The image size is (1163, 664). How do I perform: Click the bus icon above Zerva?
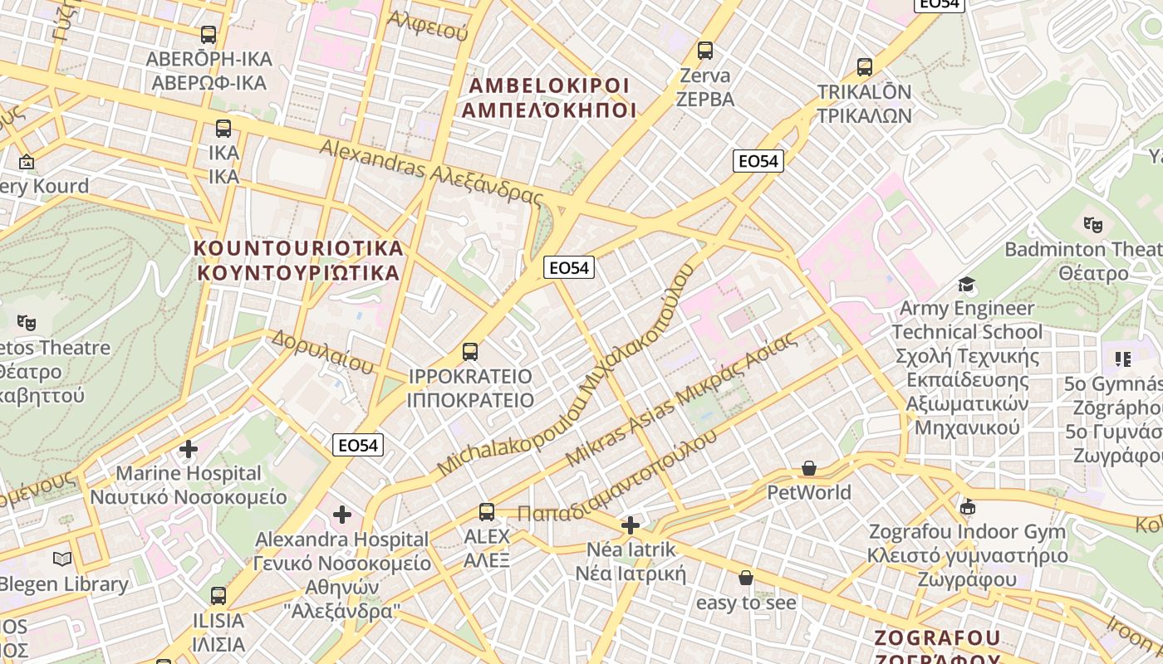pyautogui.click(x=705, y=51)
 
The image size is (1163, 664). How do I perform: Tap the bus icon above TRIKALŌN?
pyautogui.click(x=865, y=67)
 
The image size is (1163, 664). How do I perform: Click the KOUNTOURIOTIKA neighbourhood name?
pyautogui.click(x=298, y=260)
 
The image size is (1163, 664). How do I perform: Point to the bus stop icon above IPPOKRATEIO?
pyautogui.click(x=470, y=352)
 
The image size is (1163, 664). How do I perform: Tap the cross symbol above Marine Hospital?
pyautogui.click(x=189, y=449)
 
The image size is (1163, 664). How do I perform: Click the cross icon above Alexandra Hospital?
pyautogui.click(x=342, y=515)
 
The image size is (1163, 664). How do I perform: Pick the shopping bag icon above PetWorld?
pyautogui.click(x=809, y=469)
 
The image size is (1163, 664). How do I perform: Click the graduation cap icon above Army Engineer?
pyautogui.click(x=966, y=286)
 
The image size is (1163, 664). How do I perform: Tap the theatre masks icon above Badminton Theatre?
pyautogui.click(x=1093, y=224)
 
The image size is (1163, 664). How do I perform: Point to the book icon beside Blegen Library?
pyautogui.click(x=62, y=559)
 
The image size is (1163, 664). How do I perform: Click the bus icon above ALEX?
pyautogui.click(x=487, y=512)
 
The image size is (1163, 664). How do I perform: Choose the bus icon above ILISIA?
pyautogui.click(x=218, y=596)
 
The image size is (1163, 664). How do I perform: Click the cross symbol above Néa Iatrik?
pyautogui.click(x=631, y=525)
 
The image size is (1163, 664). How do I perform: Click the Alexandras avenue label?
pyautogui.click(x=431, y=173)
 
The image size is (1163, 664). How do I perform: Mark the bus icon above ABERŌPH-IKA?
pyautogui.click(x=209, y=35)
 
